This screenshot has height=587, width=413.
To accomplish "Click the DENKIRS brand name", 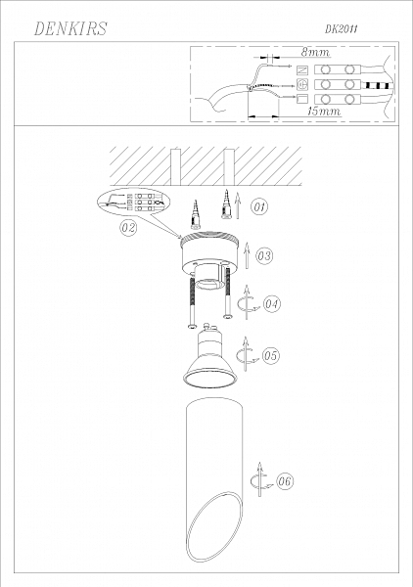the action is pyautogui.click(x=70, y=28).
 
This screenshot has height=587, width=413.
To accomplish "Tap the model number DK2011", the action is pyautogui.click(x=341, y=29).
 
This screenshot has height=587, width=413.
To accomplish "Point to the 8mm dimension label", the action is pyautogui.click(x=316, y=52).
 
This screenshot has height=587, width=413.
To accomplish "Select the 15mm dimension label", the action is pyautogui.click(x=324, y=112).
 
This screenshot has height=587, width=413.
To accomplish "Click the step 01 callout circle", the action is pyautogui.click(x=259, y=207).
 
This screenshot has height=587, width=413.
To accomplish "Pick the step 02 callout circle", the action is pyautogui.click(x=128, y=228).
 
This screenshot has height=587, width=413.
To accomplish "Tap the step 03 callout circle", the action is pyautogui.click(x=264, y=255).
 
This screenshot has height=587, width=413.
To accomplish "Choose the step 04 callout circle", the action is pyautogui.click(x=271, y=303).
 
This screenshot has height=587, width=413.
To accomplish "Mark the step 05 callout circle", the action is pyautogui.click(x=271, y=355).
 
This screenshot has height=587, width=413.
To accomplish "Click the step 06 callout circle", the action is pyautogui.click(x=285, y=481).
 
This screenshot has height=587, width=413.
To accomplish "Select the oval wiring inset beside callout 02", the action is pyautogui.click(x=133, y=201).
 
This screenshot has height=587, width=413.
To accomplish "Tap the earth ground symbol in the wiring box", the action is pyautogui.click(x=302, y=85).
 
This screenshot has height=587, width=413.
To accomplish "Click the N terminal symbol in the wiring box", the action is pyautogui.click(x=302, y=70).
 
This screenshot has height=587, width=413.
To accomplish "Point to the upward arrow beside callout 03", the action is pyautogui.click(x=247, y=255).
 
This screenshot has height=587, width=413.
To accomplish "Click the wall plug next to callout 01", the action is pyautogui.click(x=226, y=204).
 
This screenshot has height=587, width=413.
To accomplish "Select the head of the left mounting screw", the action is pyautogui.click(x=192, y=326).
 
